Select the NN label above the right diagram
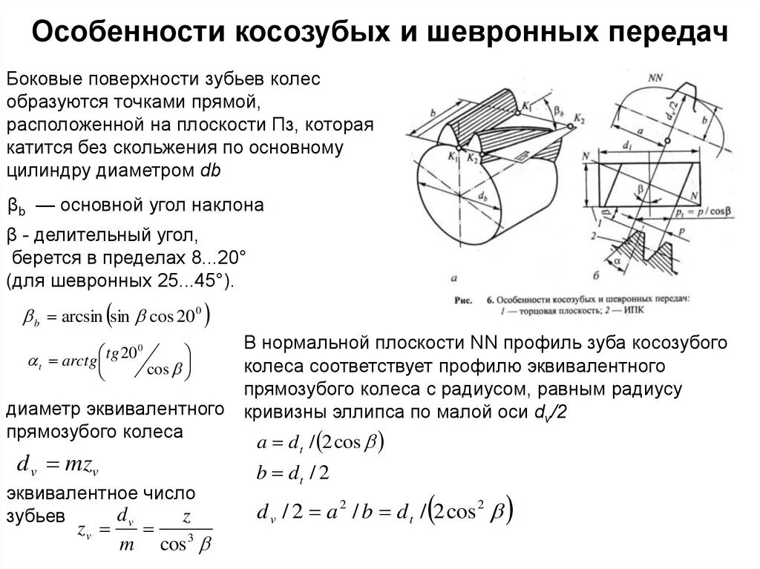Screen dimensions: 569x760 click(x=655, y=78)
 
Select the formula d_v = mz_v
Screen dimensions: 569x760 click(x=57, y=466)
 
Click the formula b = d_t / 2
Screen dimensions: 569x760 click(x=292, y=473)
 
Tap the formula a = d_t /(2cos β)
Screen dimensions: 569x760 click(x=319, y=443)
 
